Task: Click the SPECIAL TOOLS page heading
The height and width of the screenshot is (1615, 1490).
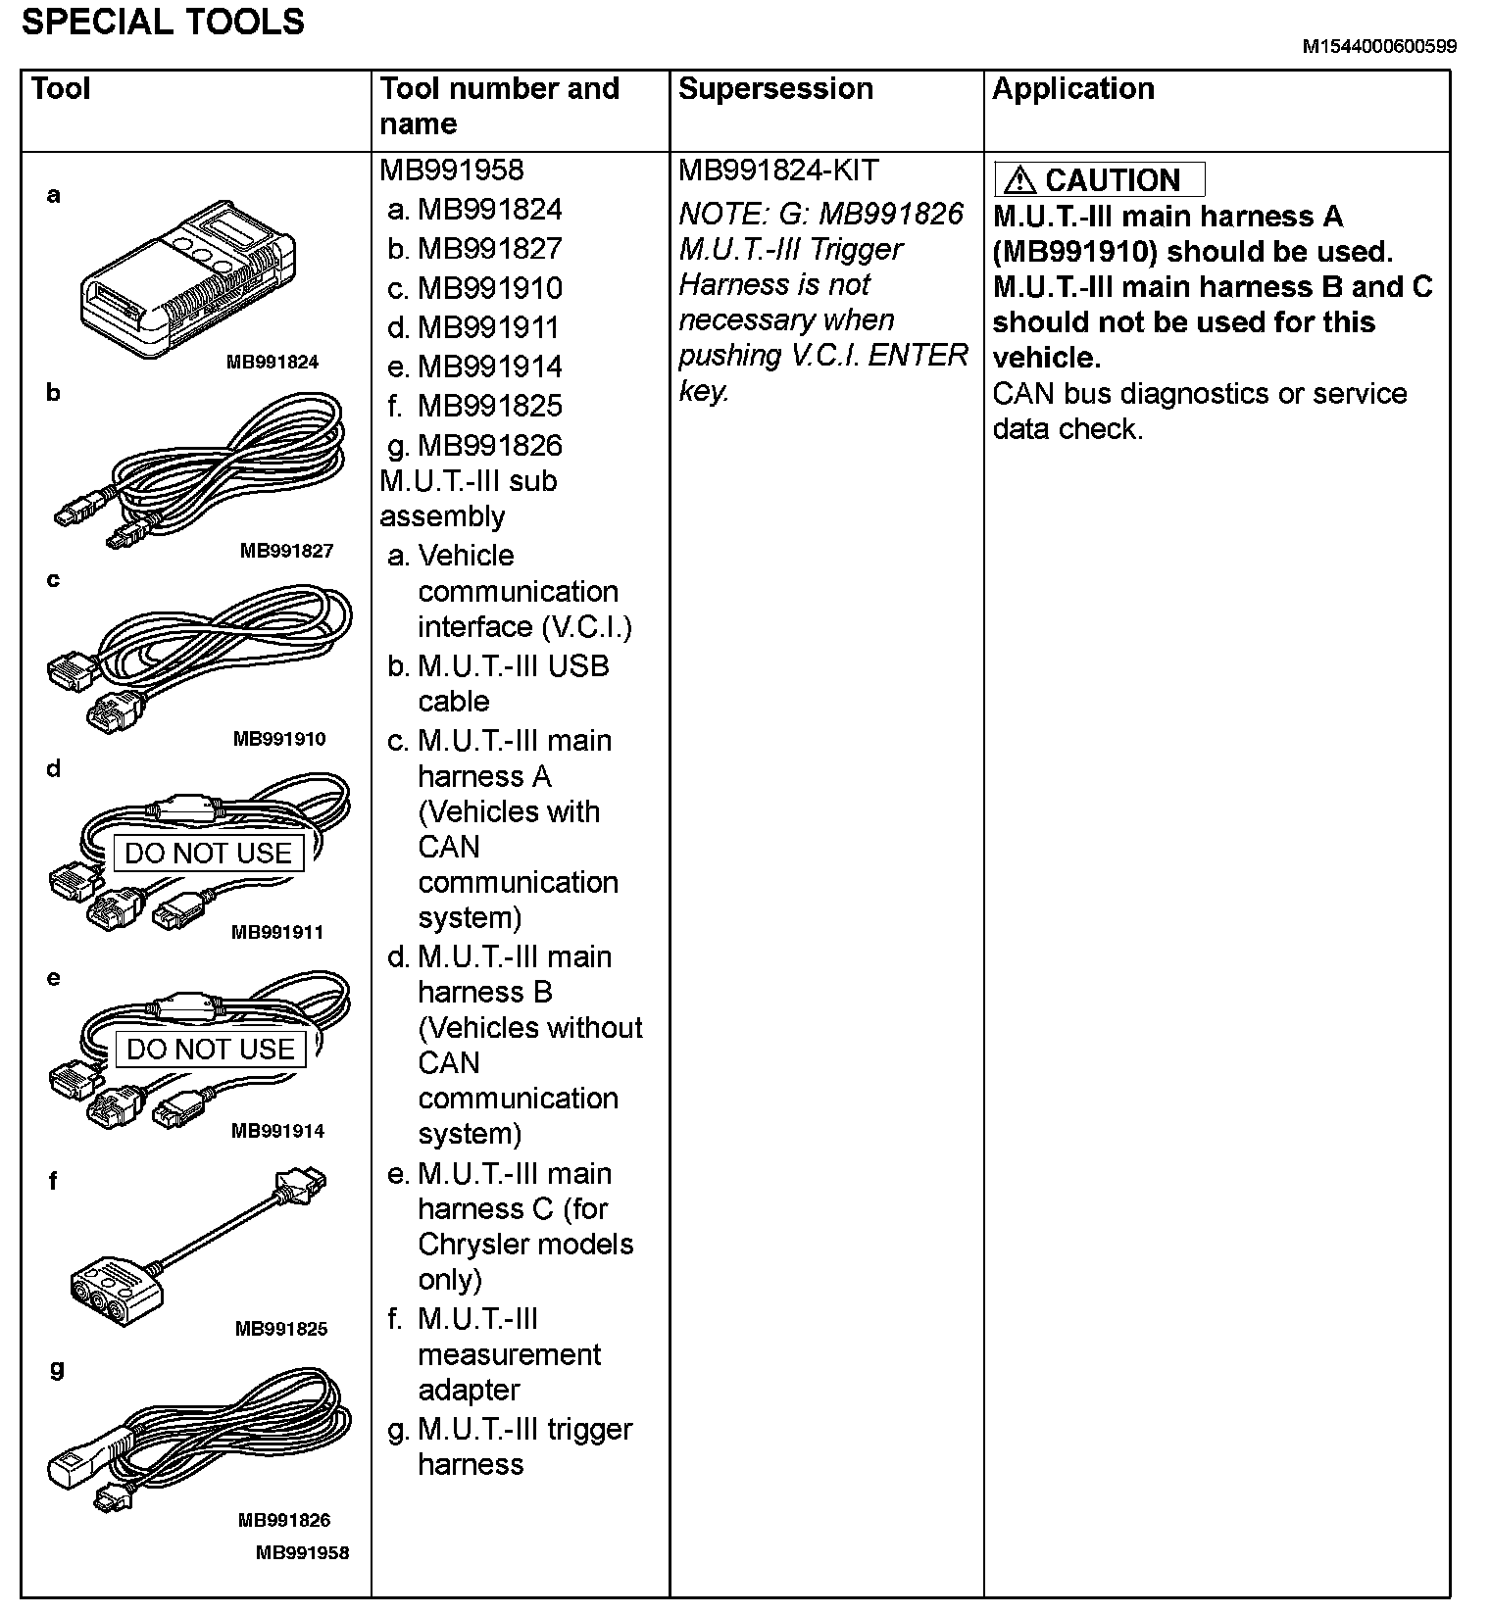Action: (x=163, y=22)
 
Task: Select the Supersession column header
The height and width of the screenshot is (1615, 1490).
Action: (x=774, y=89)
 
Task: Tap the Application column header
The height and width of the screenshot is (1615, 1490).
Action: (x=1072, y=89)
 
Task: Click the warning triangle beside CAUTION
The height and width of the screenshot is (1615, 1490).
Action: (x=1019, y=180)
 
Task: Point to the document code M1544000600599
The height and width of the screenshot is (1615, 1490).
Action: (x=1378, y=46)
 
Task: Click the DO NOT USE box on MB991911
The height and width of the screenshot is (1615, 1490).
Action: (x=208, y=854)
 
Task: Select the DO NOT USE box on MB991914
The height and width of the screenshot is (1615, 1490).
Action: (x=210, y=1050)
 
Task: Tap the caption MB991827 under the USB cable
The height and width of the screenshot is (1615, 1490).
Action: (x=286, y=551)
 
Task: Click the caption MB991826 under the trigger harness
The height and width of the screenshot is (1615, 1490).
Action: (x=284, y=1520)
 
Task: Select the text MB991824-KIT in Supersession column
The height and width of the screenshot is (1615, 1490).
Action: (x=778, y=171)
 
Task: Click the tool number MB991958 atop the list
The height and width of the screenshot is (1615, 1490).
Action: (x=451, y=171)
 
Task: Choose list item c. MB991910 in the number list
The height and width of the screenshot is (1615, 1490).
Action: (x=475, y=288)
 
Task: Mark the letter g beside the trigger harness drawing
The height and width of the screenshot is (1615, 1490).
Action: (x=57, y=1370)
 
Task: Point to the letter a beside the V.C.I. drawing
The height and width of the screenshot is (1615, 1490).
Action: (x=54, y=195)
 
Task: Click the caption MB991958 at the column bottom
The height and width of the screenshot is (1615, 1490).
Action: (x=302, y=1552)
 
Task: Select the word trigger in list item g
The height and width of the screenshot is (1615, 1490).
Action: (x=590, y=1430)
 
